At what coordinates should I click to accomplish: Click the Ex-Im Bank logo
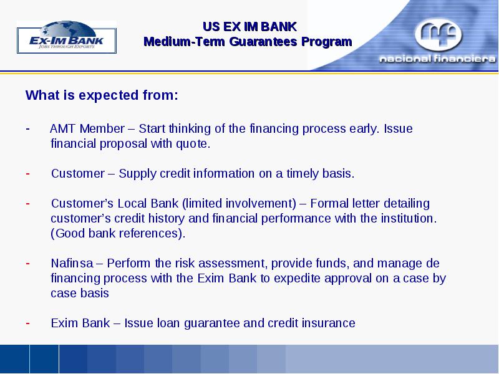tap(67, 37)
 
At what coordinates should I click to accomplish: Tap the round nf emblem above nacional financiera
tap(438, 34)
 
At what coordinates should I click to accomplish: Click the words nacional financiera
tap(438, 59)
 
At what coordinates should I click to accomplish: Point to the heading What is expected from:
tap(102, 95)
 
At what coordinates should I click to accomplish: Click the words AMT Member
tap(87, 129)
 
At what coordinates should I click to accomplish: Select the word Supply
tap(137, 174)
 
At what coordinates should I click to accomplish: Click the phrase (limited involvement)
tap(240, 204)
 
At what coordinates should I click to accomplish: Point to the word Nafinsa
tap(72, 263)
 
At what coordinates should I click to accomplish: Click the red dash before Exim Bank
tap(28, 323)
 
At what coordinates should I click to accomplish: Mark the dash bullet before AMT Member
tap(28, 129)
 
